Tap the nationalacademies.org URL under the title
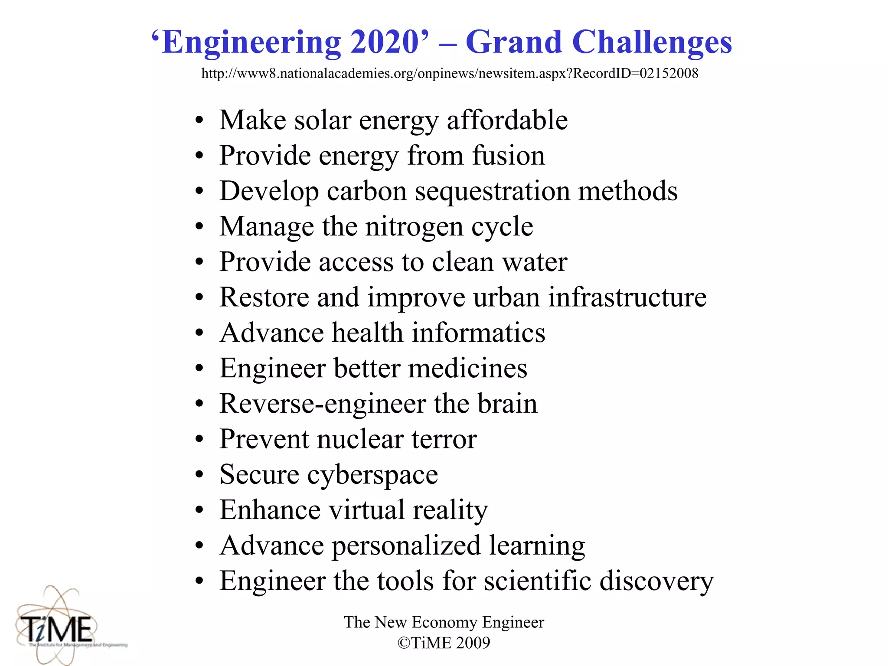tap(450, 73)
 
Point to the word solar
tap(323, 120)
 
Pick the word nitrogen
tap(414, 227)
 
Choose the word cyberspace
tap(372, 475)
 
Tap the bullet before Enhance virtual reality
tap(199, 511)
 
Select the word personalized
tap(406, 545)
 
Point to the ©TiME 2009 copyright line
tap(444, 643)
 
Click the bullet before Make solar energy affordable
tap(199, 121)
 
